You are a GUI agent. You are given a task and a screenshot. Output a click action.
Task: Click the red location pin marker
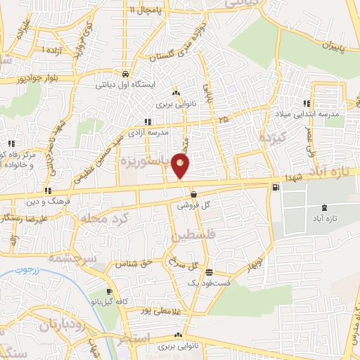(x=181, y=166)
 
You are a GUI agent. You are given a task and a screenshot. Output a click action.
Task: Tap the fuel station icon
(x=274, y=187)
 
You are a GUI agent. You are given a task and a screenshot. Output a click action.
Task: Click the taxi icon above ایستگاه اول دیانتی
(x=124, y=73)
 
